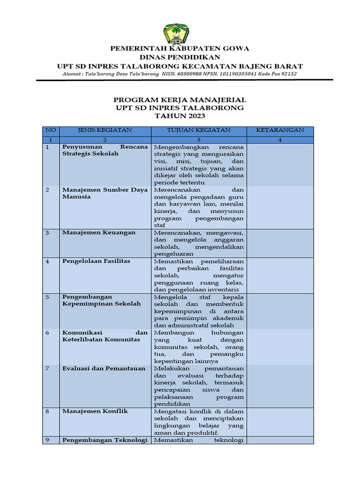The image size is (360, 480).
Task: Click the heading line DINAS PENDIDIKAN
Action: click(180, 57)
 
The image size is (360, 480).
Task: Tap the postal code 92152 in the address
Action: click(287, 74)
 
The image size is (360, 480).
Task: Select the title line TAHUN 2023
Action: click(180, 116)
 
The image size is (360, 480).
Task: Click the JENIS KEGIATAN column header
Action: click(105, 130)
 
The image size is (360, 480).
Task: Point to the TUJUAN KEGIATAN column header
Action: click(198, 130)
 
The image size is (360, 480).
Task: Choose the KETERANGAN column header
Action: click(280, 130)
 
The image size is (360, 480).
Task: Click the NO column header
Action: click(50, 130)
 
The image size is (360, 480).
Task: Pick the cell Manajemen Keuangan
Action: click(99, 232)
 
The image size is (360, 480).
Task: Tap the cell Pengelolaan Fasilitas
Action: click(96, 261)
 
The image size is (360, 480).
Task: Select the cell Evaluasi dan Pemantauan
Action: click(104, 368)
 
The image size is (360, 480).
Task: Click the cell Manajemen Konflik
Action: click(95, 411)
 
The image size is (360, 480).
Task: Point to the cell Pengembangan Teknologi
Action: click(105, 440)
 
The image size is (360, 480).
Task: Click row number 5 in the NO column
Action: click(47, 297)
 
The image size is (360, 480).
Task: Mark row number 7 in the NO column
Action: click(47, 368)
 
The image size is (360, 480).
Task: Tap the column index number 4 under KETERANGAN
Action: click(280, 140)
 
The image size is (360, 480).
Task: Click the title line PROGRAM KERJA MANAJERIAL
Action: click(180, 100)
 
